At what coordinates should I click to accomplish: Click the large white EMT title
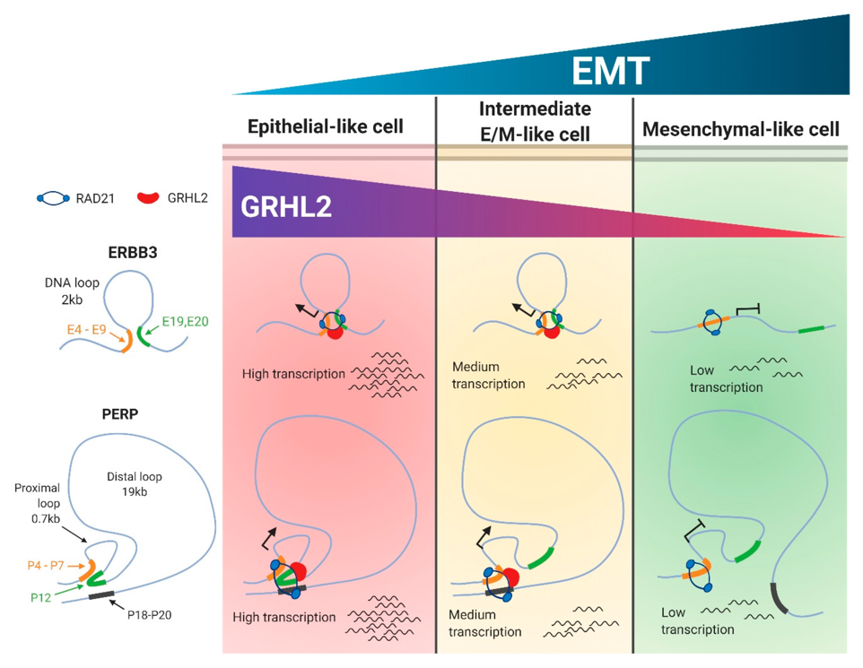click(x=610, y=71)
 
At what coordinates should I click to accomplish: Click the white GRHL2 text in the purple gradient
click(x=286, y=207)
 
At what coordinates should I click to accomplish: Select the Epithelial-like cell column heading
click(x=326, y=126)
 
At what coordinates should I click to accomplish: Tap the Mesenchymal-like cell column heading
click(x=741, y=129)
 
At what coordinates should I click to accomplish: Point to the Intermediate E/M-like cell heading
click(x=535, y=121)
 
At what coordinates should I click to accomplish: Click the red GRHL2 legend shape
click(x=148, y=197)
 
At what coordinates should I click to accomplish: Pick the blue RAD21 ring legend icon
click(x=54, y=198)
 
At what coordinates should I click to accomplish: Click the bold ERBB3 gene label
click(x=133, y=253)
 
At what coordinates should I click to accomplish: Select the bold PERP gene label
click(x=120, y=413)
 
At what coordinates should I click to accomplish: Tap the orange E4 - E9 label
click(x=86, y=330)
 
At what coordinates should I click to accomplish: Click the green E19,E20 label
click(x=186, y=321)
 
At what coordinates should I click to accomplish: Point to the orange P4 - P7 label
click(x=46, y=565)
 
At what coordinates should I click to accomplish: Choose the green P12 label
click(x=40, y=597)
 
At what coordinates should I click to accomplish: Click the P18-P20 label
click(x=150, y=615)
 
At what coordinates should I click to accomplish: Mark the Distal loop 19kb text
click(x=135, y=484)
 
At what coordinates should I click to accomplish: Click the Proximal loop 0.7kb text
click(x=38, y=503)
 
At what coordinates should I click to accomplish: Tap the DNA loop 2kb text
click(x=72, y=291)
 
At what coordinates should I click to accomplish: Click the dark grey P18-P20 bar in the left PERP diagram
click(x=99, y=594)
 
